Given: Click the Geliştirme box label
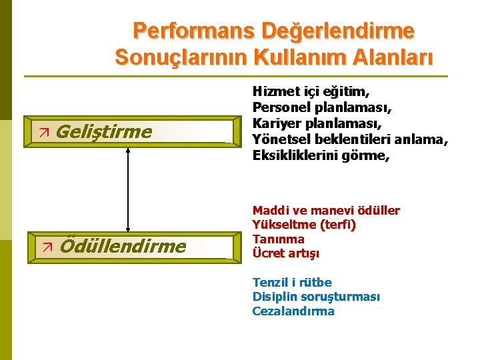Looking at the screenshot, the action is [103, 131].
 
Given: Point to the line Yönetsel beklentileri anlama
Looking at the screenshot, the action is [350, 139].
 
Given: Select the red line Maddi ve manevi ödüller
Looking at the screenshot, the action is [326, 211].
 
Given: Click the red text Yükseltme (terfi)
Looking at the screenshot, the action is [304, 225].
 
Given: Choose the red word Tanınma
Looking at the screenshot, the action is [279, 239].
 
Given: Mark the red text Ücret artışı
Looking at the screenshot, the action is [286, 253].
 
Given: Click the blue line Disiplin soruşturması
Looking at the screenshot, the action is [316, 297].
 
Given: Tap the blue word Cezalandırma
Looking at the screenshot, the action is [293, 311].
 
